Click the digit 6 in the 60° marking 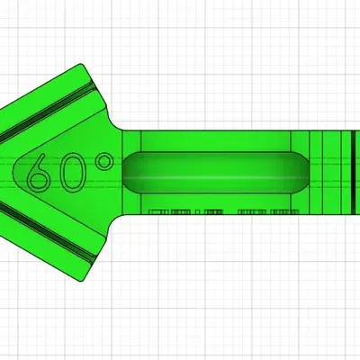[40, 172]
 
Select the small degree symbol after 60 [103, 162]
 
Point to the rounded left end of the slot [127, 170]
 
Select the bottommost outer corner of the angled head [84, 278]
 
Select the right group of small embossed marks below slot [266, 212]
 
